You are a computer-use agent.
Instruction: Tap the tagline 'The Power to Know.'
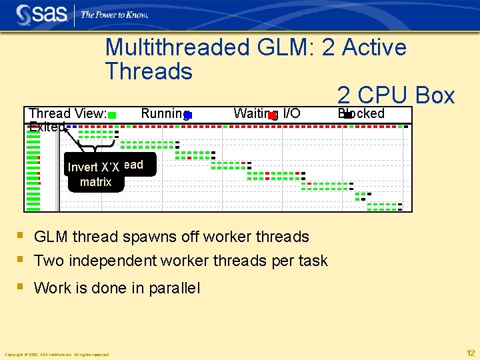click(114, 15)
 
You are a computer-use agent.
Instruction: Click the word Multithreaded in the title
click(176, 47)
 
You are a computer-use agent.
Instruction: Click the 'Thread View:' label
click(67, 113)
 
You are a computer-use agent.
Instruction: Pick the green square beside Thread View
click(113, 115)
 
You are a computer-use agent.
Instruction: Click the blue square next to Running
click(188, 115)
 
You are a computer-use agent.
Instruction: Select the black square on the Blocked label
click(347, 115)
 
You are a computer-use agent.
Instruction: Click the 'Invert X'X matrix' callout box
click(96, 173)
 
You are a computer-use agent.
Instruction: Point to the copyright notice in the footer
click(57, 354)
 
